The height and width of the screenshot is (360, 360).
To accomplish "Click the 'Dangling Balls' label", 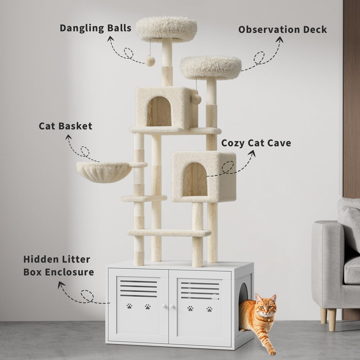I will click(95, 28).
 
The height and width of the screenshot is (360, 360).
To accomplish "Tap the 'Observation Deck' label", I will click(282, 29).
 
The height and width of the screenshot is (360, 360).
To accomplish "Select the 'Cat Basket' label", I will click(66, 126).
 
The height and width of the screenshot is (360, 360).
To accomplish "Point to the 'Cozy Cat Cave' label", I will click(256, 143).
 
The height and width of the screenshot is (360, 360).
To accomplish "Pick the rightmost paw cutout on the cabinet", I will click(209, 308).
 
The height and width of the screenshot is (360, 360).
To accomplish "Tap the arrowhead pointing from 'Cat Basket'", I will click(69, 137).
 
